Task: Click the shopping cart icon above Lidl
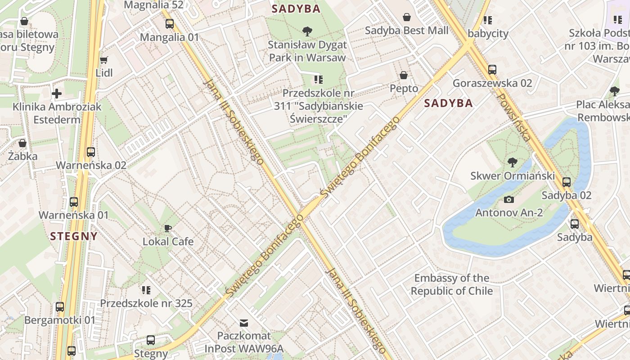104,60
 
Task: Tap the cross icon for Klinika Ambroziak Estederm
57,94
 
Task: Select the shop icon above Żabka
22,143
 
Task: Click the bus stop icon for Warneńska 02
91,152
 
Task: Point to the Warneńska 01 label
74,215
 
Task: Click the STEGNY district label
74,236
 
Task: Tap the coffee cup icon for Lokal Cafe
168,228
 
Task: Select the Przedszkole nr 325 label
146,303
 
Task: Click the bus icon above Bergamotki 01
60,307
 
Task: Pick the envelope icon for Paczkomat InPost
244,323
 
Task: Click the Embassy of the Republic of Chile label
452,284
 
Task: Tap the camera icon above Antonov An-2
509,199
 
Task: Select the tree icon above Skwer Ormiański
512,162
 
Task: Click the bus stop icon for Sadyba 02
567,182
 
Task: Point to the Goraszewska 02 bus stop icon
492,70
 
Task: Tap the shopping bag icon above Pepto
404,75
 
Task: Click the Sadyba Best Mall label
407,31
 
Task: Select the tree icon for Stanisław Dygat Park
307,31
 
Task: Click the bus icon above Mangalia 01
169,24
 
